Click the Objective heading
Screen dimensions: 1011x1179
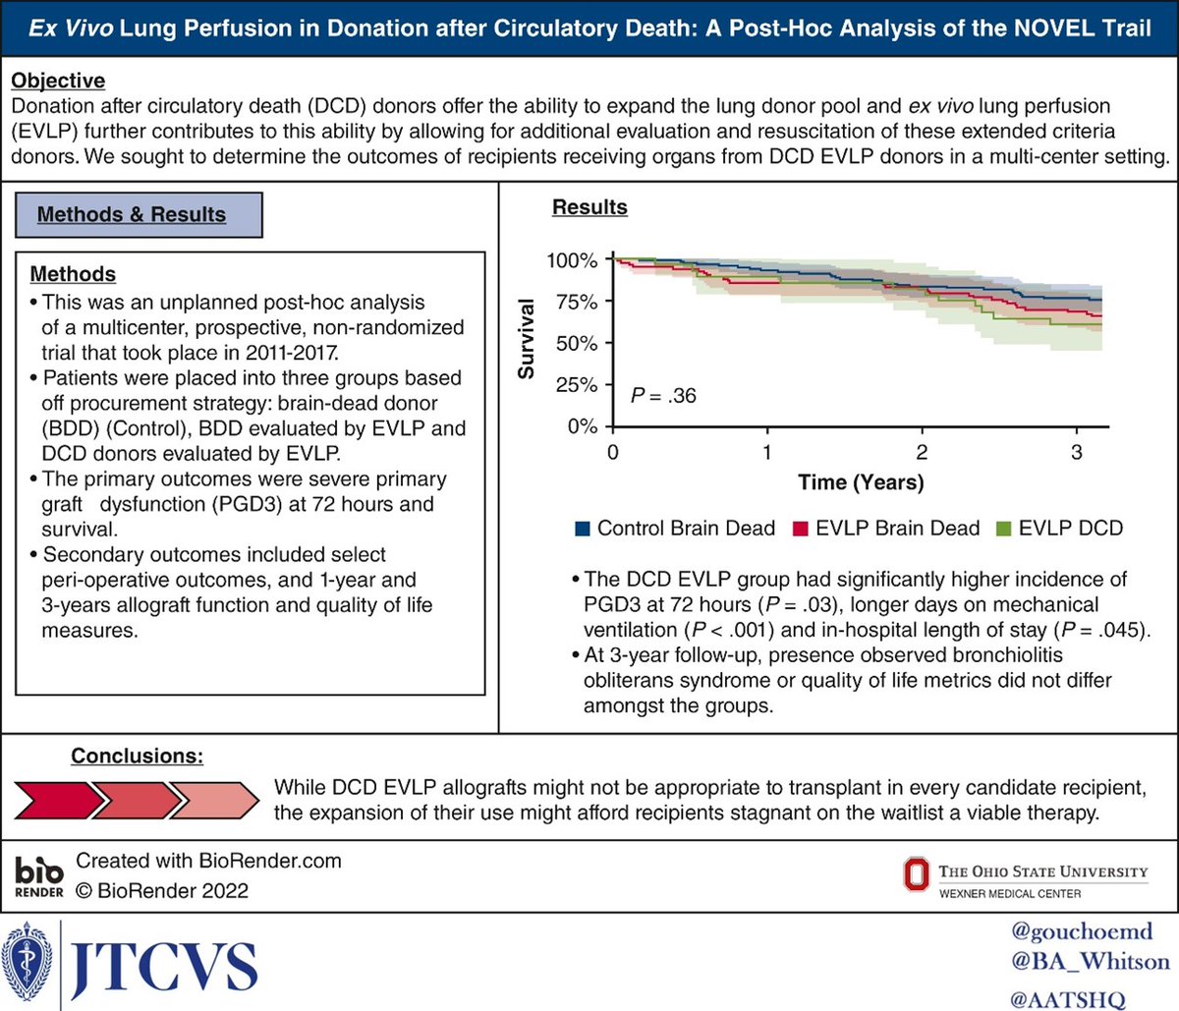(58, 80)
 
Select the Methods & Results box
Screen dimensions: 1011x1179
(139, 214)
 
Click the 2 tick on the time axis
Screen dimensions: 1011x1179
(922, 452)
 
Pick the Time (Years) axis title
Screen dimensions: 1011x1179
(861, 482)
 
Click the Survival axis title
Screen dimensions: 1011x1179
(527, 339)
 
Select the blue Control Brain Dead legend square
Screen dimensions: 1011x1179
(582, 529)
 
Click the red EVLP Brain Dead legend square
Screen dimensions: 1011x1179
(800, 529)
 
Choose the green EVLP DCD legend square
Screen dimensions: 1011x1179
(1003, 529)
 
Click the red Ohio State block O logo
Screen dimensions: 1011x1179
(916, 875)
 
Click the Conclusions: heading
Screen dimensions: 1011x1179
(137, 756)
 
